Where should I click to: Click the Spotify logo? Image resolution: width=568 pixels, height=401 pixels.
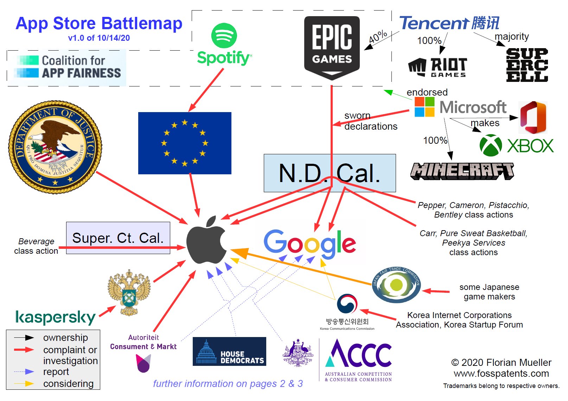click(x=224, y=44)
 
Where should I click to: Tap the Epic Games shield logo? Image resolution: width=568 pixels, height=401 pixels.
click(x=332, y=47)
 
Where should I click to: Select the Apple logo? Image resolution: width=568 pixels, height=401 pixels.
click(x=206, y=241)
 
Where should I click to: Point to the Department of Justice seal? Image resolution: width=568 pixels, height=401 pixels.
click(x=55, y=147)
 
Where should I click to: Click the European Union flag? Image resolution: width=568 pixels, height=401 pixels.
click(x=185, y=143)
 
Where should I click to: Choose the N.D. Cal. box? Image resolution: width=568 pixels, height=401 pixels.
click(x=330, y=173)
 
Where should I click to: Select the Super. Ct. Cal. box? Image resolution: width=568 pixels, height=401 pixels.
click(x=118, y=238)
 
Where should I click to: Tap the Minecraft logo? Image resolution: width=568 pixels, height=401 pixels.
click(x=462, y=171)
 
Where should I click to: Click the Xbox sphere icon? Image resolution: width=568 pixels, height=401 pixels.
click(x=491, y=145)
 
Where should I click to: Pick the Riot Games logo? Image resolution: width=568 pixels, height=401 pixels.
click(x=438, y=67)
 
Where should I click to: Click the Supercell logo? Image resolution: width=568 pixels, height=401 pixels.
click(x=527, y=65)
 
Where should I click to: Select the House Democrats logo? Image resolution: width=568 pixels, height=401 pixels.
click(x=229, y=351)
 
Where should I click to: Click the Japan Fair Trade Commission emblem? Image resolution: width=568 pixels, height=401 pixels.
click(x=396, y=285)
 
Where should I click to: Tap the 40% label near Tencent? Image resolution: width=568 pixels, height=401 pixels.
click(x=378, y=37)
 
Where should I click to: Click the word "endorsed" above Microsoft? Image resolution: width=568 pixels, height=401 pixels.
click(x=427, y=92)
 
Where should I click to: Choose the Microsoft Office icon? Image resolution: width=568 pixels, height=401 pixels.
click(x=533, y=117)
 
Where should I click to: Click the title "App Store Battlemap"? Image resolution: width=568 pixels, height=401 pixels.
click(x=99, y=24)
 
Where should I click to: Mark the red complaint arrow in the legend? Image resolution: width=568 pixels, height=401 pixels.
click(x=24, y=350)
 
